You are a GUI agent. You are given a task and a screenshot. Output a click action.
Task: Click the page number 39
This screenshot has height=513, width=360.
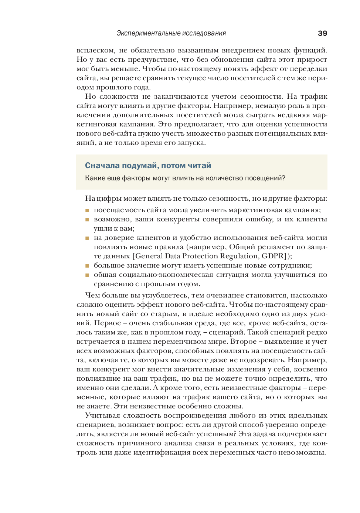tap(322, 33)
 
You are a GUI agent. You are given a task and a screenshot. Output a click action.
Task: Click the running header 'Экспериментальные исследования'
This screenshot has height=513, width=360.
tap(171, 33)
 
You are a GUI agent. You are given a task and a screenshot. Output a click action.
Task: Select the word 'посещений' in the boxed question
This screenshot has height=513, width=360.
tap(265, 178)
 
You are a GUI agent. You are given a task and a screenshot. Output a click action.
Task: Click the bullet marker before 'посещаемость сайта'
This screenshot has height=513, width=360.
tap(87, 210)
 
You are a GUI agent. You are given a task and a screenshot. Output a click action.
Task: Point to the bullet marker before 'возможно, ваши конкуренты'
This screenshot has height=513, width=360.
tap(87, 220)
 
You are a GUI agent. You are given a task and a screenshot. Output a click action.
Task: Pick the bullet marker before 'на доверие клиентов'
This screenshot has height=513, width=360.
tap(87, 238)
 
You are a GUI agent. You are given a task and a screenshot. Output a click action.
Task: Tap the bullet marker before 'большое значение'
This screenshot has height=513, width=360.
tap(87, 266)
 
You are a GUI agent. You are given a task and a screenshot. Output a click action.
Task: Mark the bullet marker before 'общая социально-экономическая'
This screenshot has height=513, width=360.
tap(87, 275)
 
